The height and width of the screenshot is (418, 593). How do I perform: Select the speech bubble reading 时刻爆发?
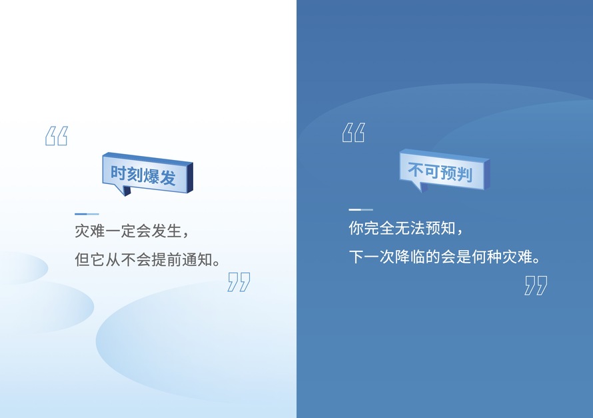(147, 174)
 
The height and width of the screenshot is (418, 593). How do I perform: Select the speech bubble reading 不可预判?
(445, 171)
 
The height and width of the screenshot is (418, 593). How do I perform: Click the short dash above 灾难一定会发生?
(87, 214)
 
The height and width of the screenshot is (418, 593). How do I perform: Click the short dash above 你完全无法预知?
(360, 209)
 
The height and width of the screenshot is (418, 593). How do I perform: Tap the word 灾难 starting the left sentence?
(90, 231)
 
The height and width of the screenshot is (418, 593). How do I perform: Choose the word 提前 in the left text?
(167, 260)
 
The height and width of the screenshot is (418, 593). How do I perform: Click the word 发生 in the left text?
(167, 231)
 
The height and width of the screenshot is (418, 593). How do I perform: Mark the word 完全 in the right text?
(379, 228)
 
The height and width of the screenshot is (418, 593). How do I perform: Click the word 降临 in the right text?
(410, 257)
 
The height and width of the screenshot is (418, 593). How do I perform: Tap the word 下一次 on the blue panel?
(372, 257)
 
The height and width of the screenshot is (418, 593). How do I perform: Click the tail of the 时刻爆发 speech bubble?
(125, 190)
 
